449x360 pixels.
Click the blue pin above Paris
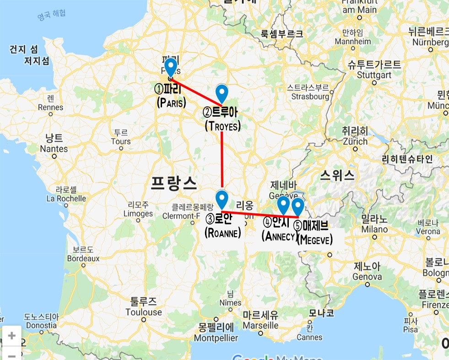[171, 67]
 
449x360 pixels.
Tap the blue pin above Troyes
[222, 93]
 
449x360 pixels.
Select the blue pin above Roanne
[222, 199]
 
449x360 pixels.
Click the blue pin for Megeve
[298, 206]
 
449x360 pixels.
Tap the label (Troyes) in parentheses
[222, 126]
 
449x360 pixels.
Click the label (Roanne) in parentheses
[222, 233]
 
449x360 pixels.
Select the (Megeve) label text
[315, 239]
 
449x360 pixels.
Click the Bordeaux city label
[83, 258]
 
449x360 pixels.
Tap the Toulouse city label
[144, 312]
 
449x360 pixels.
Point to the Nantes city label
[54, 149]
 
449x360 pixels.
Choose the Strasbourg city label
[308, 97]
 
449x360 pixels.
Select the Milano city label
[374, 229]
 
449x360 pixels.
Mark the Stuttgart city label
[372, 74]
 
